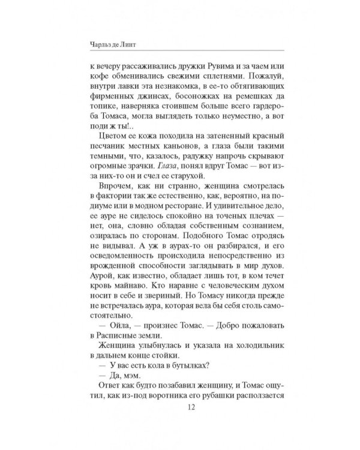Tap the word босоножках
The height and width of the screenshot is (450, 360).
pyautogui.click(x=180, y=100)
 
